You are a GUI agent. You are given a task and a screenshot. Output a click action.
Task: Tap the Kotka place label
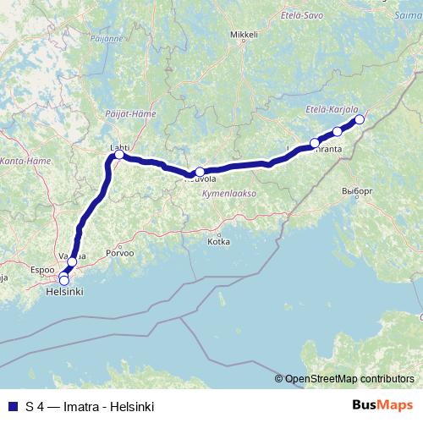218,241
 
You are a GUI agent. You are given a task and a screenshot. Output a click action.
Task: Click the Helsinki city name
63,291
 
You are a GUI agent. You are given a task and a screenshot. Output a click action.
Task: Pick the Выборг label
357,191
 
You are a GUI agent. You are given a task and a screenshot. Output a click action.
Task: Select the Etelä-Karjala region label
332,110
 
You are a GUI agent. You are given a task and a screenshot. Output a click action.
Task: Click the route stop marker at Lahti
119,155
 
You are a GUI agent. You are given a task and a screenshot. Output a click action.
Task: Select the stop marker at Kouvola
200,172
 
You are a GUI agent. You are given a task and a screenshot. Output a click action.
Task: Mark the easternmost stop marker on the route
359,119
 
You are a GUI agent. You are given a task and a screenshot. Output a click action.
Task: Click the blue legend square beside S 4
11,406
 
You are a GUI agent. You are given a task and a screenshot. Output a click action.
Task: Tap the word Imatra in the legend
74,406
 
